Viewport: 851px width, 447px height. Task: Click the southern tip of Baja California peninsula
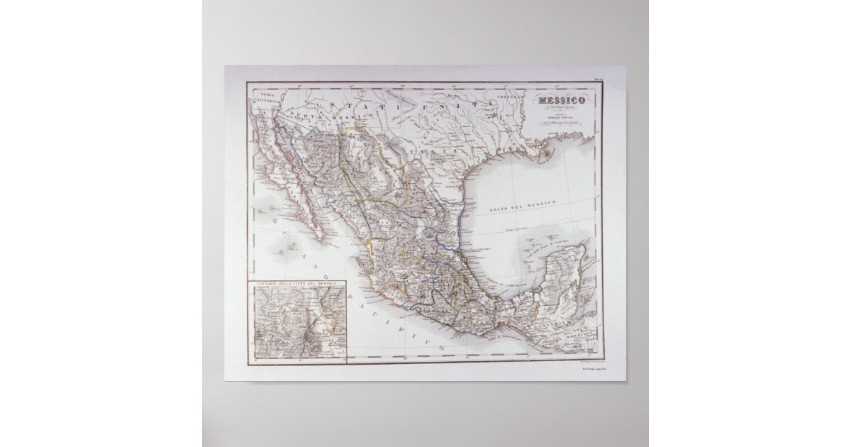(321, 236)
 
